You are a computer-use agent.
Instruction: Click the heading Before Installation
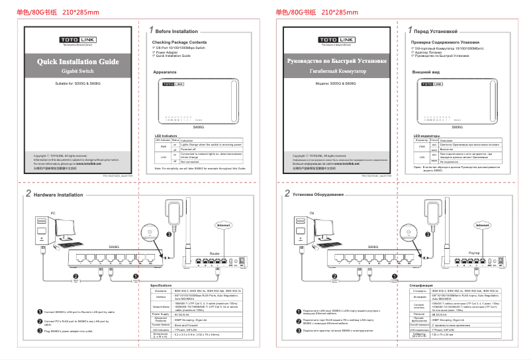176,31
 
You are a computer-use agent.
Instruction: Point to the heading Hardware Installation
58,195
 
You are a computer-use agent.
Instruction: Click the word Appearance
164,71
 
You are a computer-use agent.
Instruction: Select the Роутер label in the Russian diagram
474,253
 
